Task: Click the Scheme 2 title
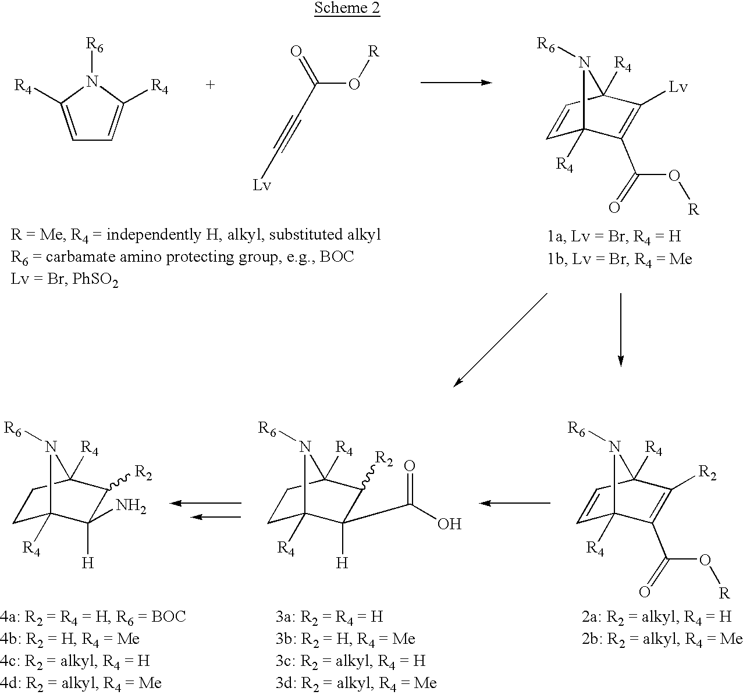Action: pyautogui.click(x=347, y=8)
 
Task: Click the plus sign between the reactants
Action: pyautogui.click(x=210, y=85)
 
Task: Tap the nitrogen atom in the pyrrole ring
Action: pyautogui.click(x=92, y=81)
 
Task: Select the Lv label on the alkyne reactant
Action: pyautogui.click(x=262, y=184)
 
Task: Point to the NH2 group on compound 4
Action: pyautogui.click(x=131, y=506)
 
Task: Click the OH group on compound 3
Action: pyautogui.click(x=449, y=523)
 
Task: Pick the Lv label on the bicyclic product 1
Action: pyautogui.click(x=678, y=87)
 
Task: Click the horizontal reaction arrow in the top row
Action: pyautogui.click(x=456, y=82)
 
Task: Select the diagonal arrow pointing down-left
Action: pyautogui.click(x=500, y=340)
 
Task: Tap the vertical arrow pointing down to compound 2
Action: pyautogui.click(x=621, y=330)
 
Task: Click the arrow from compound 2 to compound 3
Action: pyautogui.click(x=514, y=503)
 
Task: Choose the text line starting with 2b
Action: pyautogui.click(x=662, y=638)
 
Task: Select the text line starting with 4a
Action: pyautogui.click(x=93, y=616)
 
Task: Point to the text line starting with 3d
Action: pyautogui.click(x=356, y=683)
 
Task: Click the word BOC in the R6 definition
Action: pyautogui.click(x=337, y=256)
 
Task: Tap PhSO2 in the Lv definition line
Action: pyautogui.click(x=95, y=279)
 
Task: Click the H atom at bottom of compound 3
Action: pyautogui.click(x=342, y=562)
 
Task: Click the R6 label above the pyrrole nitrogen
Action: pyautogui.click(x=94, y=45)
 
